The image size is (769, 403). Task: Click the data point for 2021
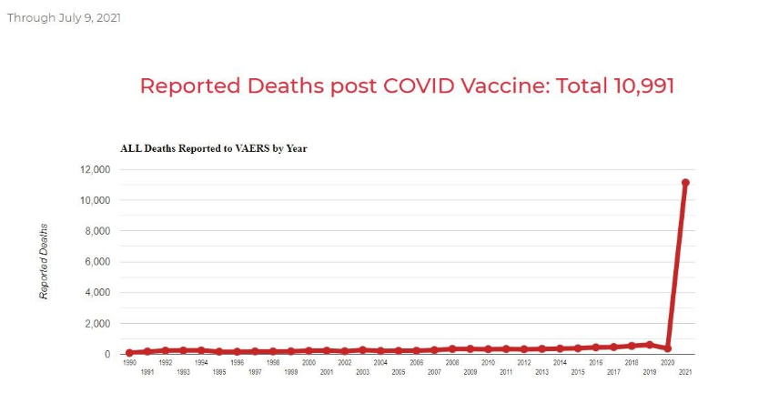685,183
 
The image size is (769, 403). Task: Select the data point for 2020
667,348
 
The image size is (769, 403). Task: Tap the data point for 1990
129,352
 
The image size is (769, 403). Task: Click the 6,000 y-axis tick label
96,262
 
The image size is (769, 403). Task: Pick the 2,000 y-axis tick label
96,324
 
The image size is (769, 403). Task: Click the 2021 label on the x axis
685,373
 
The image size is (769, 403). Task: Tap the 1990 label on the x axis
129,362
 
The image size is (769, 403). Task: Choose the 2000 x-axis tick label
309,362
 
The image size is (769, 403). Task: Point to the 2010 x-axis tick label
488,362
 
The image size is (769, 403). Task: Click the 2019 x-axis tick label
650,373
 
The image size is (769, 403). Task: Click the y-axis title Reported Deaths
43,261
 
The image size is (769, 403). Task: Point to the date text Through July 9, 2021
64,18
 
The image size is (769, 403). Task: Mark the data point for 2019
650,345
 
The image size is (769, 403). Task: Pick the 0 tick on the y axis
106,354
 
